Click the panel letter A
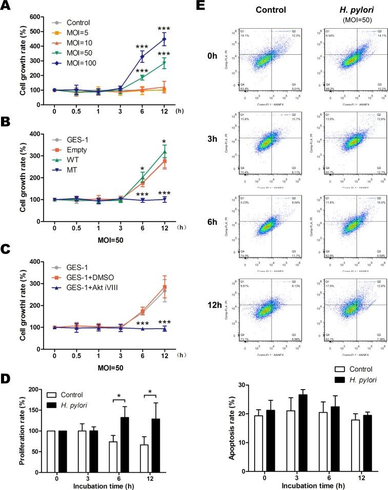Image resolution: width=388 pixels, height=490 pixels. (x=6, y=6)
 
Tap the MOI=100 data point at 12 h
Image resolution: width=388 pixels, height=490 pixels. (x=164, y=39)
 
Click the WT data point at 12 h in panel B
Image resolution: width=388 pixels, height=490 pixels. (x=164, y=152)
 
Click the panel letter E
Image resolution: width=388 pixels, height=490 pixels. (x=202, y=6)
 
